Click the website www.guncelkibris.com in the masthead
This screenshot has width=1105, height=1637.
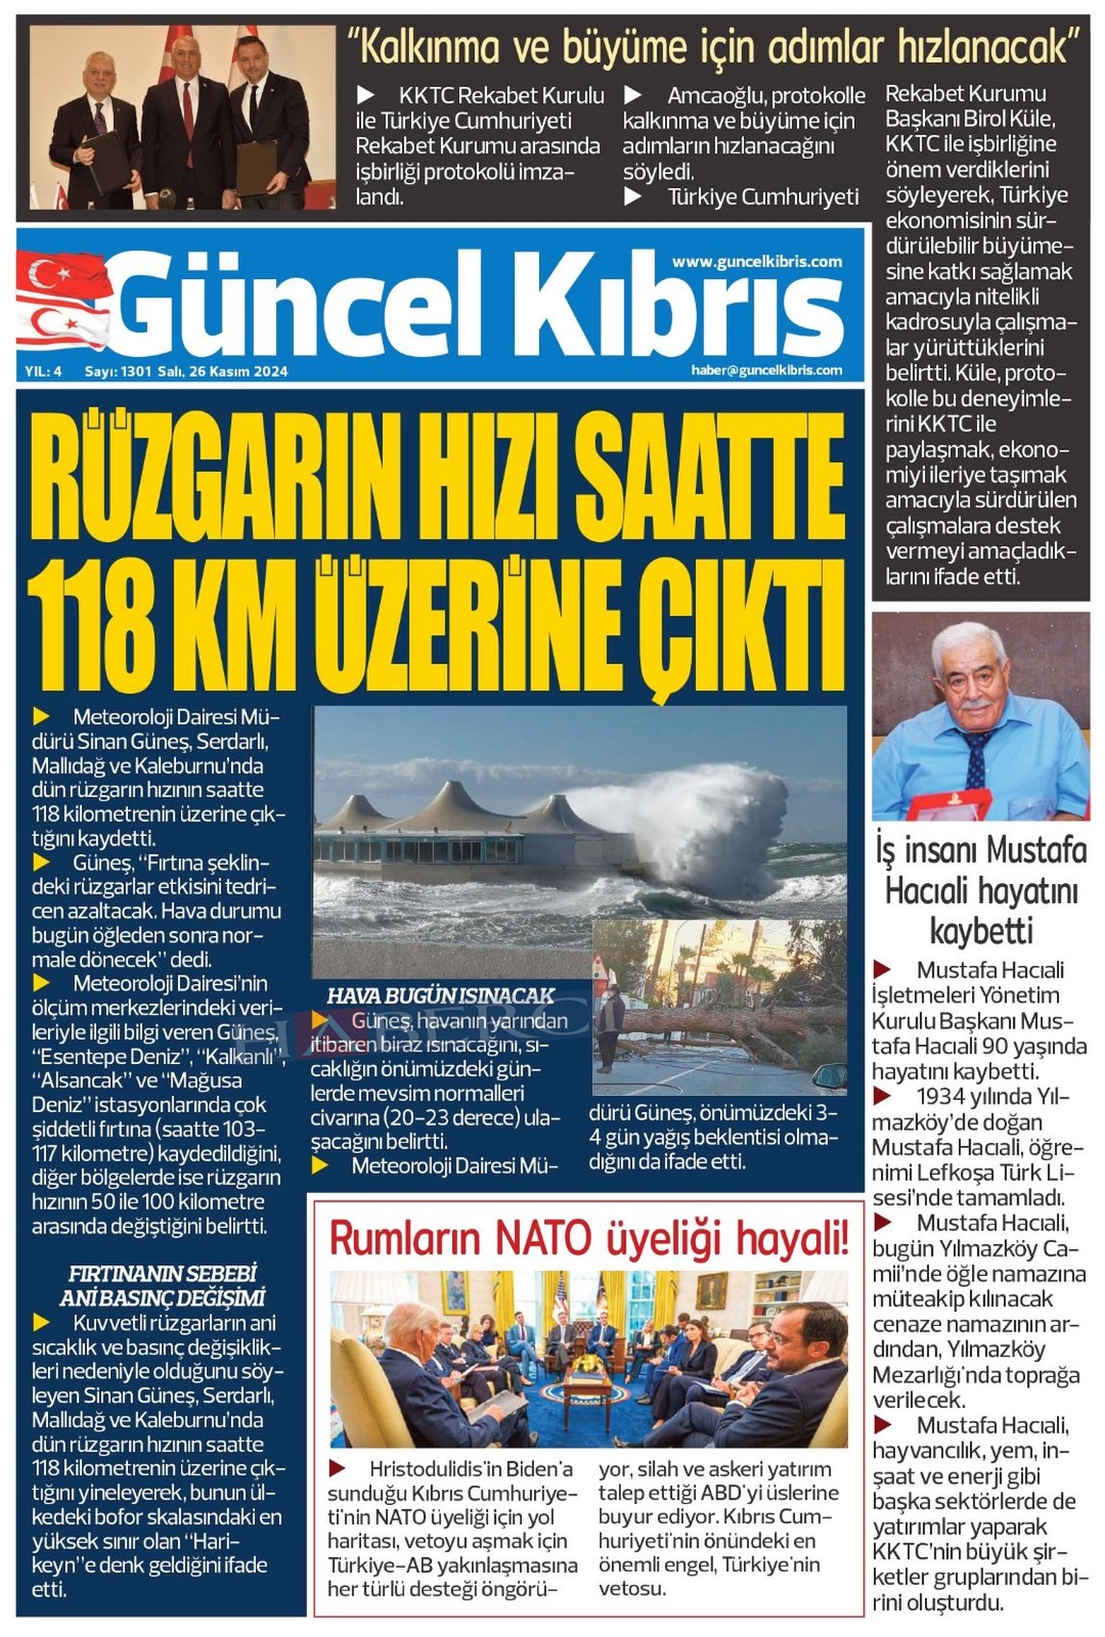(x=757, y=262)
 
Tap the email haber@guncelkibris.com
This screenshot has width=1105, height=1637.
(x=765, y=370)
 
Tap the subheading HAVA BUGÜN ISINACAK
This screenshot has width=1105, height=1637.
(x=441, y=996)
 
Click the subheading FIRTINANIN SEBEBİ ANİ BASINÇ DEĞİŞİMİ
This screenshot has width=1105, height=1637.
(x=162, y=1286)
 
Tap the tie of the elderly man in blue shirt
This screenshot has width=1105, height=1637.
(x=976, y=761)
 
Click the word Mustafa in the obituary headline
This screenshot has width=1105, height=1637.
(x=1037, y=850)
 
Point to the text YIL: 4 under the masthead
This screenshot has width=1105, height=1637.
(x=43, y=372)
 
